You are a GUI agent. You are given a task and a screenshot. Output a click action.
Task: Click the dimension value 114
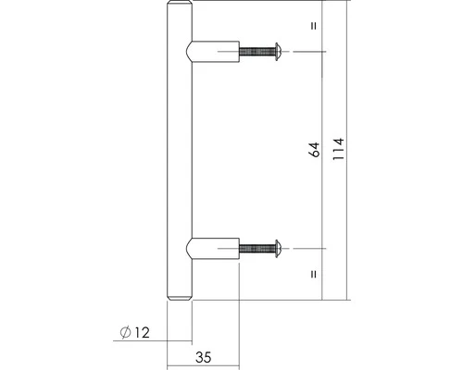pyautogui.click(x=339, y=149)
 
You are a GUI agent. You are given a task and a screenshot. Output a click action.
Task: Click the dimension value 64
pyautogui.click(x=315, y=150)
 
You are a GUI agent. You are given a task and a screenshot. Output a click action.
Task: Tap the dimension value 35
pyautogui.click(x=204, y=357)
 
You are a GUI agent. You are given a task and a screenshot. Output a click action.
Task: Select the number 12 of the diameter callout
pyautogui.click(x=142, y=333)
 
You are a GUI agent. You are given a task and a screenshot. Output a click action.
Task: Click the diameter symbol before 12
pyautogui.click(x=125, y=333)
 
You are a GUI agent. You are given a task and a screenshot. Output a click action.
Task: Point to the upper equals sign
pyautogui.click(x=314, y=26)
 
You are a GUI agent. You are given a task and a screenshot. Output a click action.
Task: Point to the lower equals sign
pyautogui.click(x=314, y=274)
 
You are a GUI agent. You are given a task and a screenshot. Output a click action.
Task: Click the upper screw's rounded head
pyautogui.click(x=278, y=52)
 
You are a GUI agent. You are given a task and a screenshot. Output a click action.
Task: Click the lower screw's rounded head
pyautogui.click(x=278, y=249)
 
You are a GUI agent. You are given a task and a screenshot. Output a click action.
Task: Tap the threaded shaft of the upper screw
pyautogui.click(x=257, y=52)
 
